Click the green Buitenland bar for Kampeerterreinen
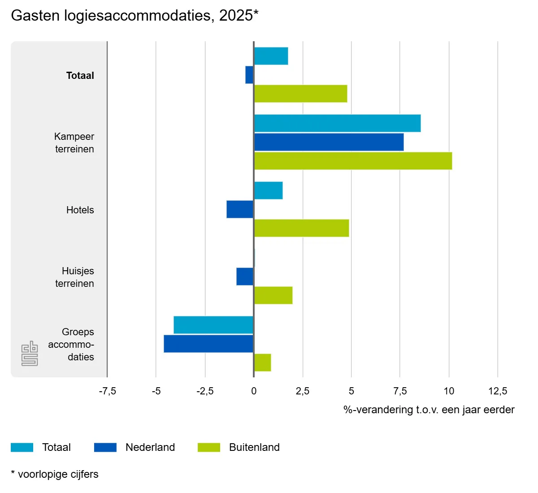[x=353, y=161]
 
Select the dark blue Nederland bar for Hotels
[x=240, y=209]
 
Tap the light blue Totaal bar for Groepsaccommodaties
[x=213, y=325]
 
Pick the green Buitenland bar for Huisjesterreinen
[x=273, y=295]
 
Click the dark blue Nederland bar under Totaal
[x=249, y=75]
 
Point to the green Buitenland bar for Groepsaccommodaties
[x=262, y=363]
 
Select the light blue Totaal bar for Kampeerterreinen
[x=337, y=123]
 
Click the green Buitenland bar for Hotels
[x=301, y=228]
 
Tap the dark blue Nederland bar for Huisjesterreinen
[x=245, y=277]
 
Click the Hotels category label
[x=80, y=210]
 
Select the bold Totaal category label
[x=80, y=75]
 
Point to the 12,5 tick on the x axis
[x=498, y=391]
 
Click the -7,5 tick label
[x=107, y=391]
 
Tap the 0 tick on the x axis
[x=254, y=391]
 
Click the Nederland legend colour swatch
[x=105, y=447]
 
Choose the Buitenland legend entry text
[x=254, y=447]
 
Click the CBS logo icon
[x=30, y=354]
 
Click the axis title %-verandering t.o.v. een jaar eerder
[x=429, y=410]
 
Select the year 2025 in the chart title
[x=236, y=15]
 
